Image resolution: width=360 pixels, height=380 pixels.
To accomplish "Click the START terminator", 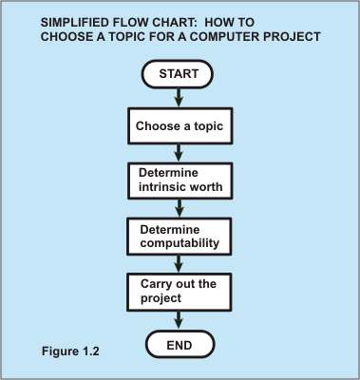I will click(x=179, y=74).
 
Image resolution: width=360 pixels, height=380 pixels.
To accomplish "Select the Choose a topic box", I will click(x=179, y=124).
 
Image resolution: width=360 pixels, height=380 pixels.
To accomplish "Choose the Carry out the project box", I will click(x=179, y=290).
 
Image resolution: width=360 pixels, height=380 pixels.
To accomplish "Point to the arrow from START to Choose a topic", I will click(x=179, y=97).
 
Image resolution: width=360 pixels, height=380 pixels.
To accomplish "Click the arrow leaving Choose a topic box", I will click(x=179, y=151).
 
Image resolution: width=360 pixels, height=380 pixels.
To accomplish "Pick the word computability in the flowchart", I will click(x=180, y=242).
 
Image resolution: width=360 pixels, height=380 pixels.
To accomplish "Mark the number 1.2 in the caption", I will click(x=90, y=351).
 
